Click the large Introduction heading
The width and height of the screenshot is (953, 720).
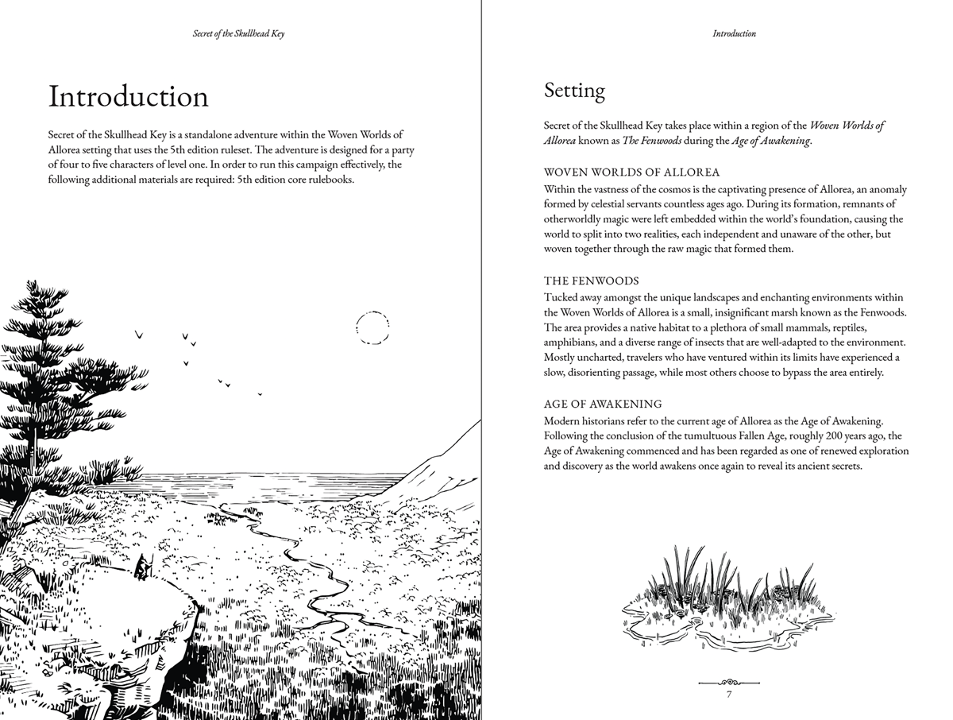coord(129,96)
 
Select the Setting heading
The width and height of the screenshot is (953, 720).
coord(574,91)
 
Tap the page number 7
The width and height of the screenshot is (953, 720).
coord(729,695)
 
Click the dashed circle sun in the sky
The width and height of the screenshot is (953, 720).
coord(372,327)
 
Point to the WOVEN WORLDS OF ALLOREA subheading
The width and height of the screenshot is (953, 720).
coord(631,172)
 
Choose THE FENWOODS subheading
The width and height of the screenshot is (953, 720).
coord(591,281)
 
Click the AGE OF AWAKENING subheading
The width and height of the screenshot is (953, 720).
coord(603,404)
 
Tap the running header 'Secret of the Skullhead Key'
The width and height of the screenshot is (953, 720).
coord(239,34)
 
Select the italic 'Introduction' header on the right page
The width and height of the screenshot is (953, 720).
coord(734,34)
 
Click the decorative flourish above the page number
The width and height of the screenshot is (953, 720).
coord(729,681)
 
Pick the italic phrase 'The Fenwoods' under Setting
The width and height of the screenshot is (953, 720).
coord(652,141)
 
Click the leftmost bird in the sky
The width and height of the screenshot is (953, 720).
coord(139,335)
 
